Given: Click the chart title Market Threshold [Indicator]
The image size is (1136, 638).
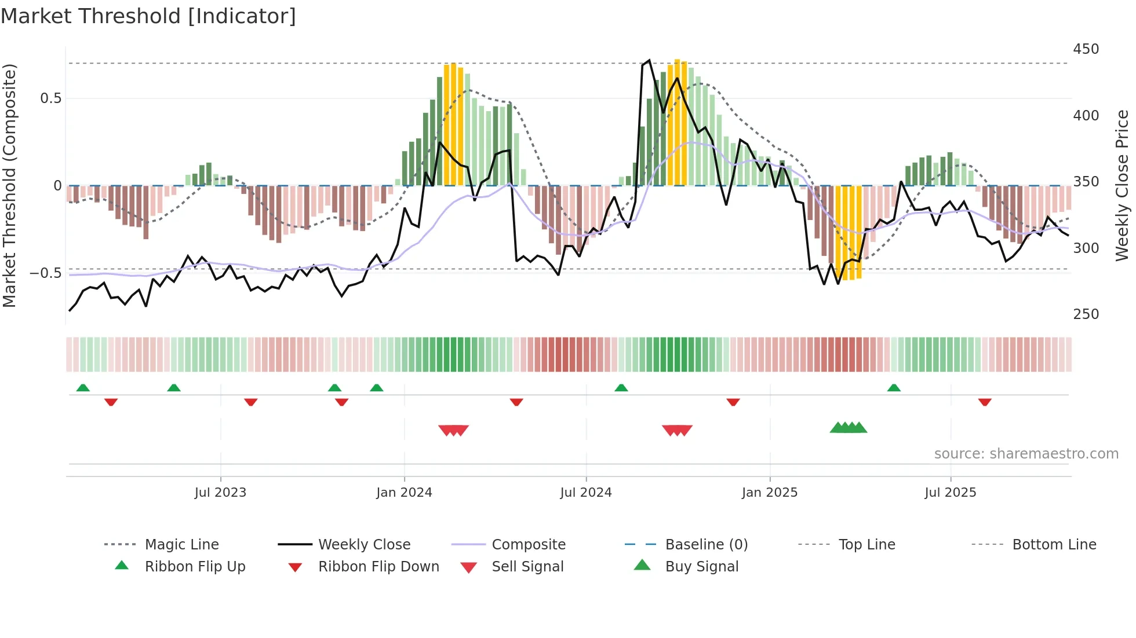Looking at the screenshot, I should (x=148, y=16).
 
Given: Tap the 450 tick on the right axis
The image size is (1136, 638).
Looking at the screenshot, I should (x=1086, y=49).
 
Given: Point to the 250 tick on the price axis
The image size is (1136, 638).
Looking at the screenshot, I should (x=1086, y=314).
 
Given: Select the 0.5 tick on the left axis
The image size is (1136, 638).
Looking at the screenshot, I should (x=50, y=98).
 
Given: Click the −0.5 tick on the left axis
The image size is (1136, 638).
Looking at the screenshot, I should (x=46, y=273).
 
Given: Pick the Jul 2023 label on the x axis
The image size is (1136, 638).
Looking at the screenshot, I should (x=220, y=493).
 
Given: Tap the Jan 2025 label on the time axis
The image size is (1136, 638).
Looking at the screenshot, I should (x=769, y=493).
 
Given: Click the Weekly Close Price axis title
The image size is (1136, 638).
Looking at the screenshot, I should (x=1122, y=185).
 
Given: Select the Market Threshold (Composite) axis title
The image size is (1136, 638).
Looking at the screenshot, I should (x=9, y=185).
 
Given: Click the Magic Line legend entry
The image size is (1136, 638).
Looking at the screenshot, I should (x=181, y=545).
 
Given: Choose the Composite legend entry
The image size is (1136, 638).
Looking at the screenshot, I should (x=528, y=545).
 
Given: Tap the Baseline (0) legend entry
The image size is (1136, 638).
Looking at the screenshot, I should (x=706, y=545).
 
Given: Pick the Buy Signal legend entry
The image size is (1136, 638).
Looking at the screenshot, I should (x=701, y=567).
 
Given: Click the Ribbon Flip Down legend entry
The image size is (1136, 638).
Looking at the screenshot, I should (x=378, y=567).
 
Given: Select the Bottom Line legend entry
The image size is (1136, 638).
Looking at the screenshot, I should (x=1054, y=545).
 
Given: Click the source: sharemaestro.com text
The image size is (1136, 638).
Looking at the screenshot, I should (x=1026, y=454).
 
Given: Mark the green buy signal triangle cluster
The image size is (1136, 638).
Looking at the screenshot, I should (x=848, y=428).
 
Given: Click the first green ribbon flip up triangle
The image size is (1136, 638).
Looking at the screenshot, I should (x=83, y=388).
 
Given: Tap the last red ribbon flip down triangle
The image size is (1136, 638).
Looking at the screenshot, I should (x=984, y=402).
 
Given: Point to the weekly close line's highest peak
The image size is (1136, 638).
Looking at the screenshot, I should (x=649, y=60).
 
